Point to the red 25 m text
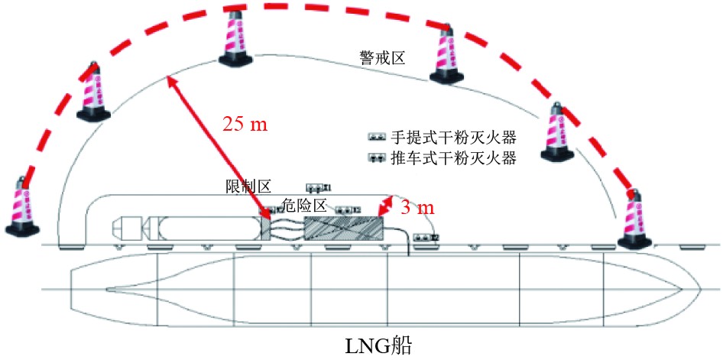[245, 124]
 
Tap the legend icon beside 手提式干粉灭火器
[378, 138]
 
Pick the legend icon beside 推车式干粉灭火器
[378, 159]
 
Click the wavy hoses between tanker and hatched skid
[287, 228]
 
